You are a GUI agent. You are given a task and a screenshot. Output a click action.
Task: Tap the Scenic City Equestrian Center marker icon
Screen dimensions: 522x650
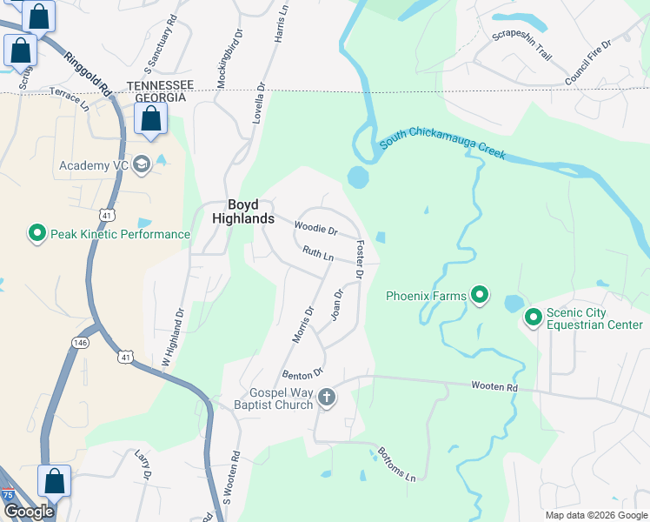click(534, 319)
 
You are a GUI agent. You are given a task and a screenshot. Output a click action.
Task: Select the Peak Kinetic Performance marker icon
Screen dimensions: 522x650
click(36, 234)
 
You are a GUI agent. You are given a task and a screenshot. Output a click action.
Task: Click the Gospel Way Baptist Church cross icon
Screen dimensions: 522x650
click(327, 398)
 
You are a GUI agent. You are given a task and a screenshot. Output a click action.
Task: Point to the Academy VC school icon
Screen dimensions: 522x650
click(141, 165)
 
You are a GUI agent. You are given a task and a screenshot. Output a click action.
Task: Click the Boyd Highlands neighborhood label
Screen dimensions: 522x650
click(243, 212)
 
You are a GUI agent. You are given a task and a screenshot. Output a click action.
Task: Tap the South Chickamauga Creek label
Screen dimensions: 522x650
click(441, 147)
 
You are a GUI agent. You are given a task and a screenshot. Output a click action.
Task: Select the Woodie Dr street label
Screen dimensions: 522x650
click(315, 230)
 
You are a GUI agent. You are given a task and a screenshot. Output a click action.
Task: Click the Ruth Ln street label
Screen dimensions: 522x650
click(318, 253)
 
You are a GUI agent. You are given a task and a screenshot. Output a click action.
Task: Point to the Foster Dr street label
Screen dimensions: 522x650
click(358, 260)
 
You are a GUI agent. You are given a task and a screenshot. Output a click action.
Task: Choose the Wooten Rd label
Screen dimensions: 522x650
click(494, 385)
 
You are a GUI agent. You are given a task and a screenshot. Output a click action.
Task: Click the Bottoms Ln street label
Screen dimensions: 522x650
click(396, 465)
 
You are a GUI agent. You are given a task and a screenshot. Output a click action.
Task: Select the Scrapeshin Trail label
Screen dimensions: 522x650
click(521, 44)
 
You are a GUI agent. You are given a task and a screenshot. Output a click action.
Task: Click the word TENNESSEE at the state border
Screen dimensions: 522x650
click(160, 84)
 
